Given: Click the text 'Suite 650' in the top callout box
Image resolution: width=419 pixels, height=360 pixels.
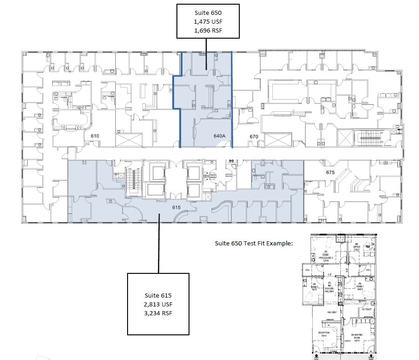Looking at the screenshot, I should click(208, 13).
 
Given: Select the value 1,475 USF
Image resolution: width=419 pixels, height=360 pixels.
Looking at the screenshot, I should click(208, 22).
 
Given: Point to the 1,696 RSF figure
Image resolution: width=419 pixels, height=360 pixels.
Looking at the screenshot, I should click(208, 31).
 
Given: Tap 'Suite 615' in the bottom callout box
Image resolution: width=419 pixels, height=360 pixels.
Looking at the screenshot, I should click(158, 296).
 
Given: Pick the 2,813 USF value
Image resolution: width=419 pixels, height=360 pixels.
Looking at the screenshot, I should click(158, 304).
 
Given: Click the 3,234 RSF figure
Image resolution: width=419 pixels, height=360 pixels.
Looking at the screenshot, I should click(158, 313).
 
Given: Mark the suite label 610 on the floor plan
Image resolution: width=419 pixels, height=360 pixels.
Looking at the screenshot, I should click(95, 136).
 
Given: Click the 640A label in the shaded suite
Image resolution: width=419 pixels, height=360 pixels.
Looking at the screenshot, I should click(219, 136).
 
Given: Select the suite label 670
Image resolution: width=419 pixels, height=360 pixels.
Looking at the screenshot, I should click(254, 136).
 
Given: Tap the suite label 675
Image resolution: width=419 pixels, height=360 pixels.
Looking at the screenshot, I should click(330, 172).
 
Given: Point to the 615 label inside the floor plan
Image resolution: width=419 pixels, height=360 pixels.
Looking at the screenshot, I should click(176, 207).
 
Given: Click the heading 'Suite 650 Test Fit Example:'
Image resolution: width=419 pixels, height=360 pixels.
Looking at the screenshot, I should click(255, 243).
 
